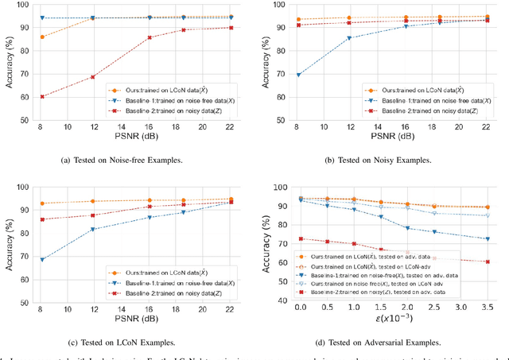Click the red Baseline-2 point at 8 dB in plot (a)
[42, 97]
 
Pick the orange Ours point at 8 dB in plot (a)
[42, 37]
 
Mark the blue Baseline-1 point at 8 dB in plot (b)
[297, 75]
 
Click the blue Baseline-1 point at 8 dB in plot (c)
[42, 259]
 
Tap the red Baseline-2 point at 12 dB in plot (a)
[93, 77]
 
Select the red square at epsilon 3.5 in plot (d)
[487, 261]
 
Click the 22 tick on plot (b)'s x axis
[487, 128]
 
